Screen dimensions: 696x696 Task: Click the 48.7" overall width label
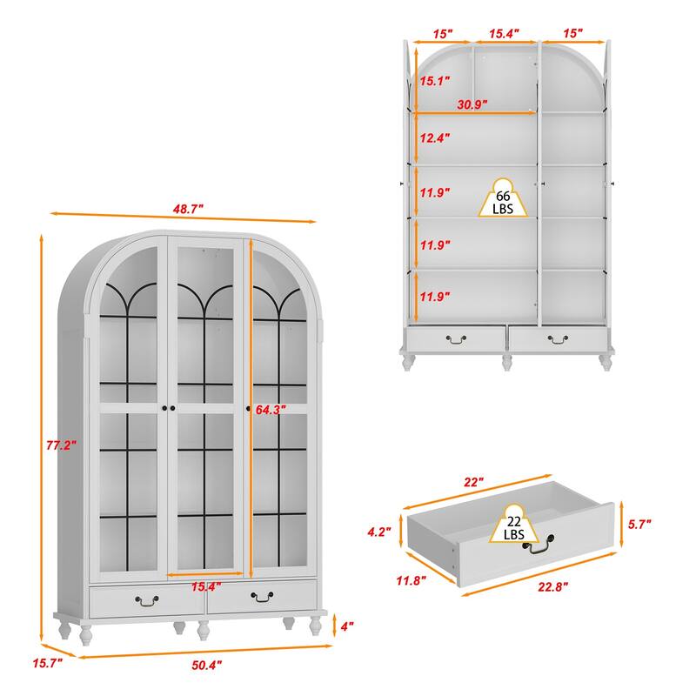pos(186,209)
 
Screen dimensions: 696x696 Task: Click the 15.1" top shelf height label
pos(434,82)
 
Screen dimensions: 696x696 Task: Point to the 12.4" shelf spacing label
pos(434,137)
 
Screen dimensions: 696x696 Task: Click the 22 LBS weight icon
pos(512,526)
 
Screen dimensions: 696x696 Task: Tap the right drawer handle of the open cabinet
pos(558,338)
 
